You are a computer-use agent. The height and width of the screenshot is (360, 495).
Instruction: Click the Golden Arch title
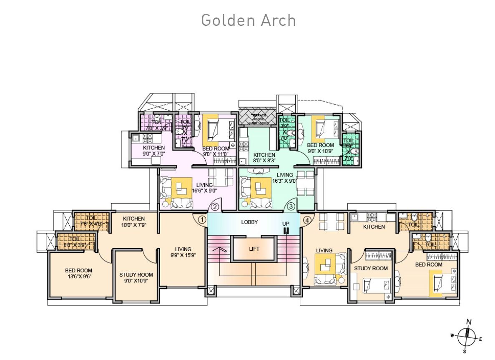point(248,20)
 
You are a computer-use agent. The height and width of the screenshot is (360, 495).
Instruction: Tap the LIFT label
point(254,249)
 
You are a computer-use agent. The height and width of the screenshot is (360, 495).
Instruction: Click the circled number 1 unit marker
point(202,219)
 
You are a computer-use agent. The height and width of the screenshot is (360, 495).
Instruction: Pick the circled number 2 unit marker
point(215,206)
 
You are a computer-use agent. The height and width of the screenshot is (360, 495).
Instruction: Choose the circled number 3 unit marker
point(291,206)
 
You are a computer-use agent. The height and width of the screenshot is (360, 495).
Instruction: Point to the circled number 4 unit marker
point(307,219)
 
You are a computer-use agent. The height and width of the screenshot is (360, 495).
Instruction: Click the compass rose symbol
point(467,335)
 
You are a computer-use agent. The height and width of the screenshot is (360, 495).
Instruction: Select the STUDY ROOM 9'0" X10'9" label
point(136,278)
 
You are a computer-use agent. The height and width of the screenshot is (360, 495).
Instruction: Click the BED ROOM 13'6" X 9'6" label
point(78,273)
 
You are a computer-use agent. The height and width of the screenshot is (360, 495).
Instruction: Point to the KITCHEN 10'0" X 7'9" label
point(134,222)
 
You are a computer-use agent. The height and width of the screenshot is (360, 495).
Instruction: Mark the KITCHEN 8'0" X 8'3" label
point(264,157)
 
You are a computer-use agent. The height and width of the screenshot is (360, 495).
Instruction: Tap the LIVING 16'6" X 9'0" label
point(205,188)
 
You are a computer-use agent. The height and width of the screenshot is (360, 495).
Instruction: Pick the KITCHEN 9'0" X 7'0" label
point(154,151)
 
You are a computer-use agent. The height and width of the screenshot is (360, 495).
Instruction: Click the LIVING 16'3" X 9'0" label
point(284,178)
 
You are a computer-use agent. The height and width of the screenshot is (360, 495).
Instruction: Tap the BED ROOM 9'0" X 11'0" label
point(216,151)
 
